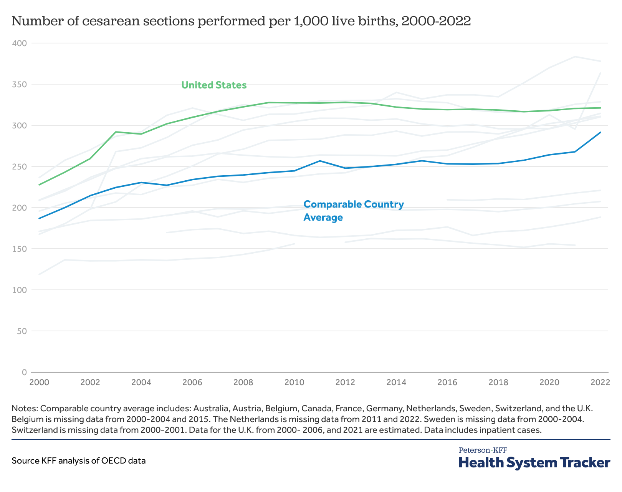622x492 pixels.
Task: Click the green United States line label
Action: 214,85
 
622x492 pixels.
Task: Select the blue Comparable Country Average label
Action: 353,211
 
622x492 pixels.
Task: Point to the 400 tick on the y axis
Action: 19,43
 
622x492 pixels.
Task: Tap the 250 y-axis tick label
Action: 19,166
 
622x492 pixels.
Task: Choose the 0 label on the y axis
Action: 24,372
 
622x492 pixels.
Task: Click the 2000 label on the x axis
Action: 39,382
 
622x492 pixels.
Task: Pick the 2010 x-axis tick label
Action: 294,382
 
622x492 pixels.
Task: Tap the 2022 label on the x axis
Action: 600,382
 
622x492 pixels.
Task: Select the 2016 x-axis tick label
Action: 447,382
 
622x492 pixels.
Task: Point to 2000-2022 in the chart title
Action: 436,21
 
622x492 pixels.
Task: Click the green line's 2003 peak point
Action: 116,132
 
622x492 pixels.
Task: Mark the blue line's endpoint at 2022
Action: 600,132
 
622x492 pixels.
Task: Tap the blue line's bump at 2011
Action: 320,161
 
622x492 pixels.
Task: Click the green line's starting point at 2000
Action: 39,185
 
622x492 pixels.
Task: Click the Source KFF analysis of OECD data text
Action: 79,460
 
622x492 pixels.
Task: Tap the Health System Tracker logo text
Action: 534,462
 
